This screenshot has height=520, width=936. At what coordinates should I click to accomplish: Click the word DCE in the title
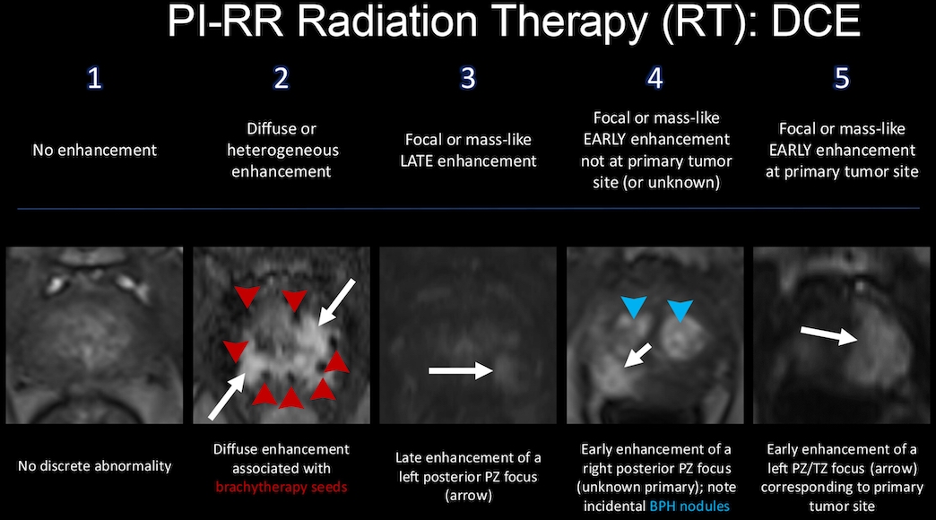pyautogui.click(x=816, y=22)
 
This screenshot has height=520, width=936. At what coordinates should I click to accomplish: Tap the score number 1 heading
pyautogui.click(x=94, y=78)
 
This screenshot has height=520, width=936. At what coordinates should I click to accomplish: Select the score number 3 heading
pyautogui.click(x=468, y=78)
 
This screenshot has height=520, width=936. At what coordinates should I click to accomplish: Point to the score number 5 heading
pyautogui.click(x=842, y=78)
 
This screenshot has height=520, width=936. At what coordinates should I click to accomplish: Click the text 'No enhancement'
pyautogui.click(x=94, y=150)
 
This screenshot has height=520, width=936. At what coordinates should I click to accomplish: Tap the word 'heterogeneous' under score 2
pyautogui.click(x=282, y=151)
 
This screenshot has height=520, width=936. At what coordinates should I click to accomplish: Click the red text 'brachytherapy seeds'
pyautogui.click(x=282, y=487)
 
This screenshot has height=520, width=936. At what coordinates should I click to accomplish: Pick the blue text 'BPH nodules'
pyautogui.click(x=689, y=507)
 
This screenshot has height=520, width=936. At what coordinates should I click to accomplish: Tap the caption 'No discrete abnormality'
pyautogui.click(x=94, y=465)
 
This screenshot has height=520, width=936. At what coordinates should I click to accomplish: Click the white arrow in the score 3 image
pyautogui.click(x=461, y=371)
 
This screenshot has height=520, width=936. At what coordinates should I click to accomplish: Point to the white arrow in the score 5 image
pyautogui.click(x=829, y=335)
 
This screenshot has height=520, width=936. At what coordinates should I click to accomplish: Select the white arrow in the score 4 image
pyautogui.click(x=637, y=355)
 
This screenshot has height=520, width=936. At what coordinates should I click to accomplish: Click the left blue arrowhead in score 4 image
pyautogui.click(x=634, y=307)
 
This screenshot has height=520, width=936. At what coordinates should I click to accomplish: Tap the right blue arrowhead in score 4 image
pyautogui.click(x=680, y=310)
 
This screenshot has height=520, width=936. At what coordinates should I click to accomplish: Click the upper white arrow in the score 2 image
pyautogui.click(x=337, y=302)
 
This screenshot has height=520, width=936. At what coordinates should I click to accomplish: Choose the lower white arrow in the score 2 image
pyautogui.click(x=228, y=396)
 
